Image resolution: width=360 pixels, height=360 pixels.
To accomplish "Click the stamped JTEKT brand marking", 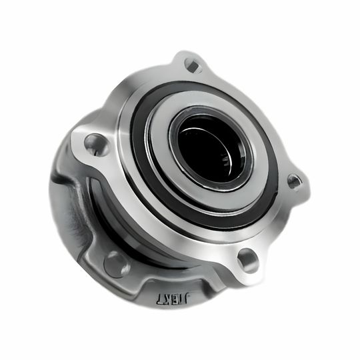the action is [173, 299].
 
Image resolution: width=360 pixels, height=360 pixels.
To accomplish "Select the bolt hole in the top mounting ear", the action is [193, 65].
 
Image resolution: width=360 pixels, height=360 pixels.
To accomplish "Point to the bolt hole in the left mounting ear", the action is [95, 143].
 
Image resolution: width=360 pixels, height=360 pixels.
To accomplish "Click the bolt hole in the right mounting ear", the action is [295, 181].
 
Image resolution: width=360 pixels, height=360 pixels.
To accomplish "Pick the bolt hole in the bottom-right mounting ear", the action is [247, 261].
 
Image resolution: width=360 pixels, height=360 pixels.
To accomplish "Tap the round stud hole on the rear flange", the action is [117, 264].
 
